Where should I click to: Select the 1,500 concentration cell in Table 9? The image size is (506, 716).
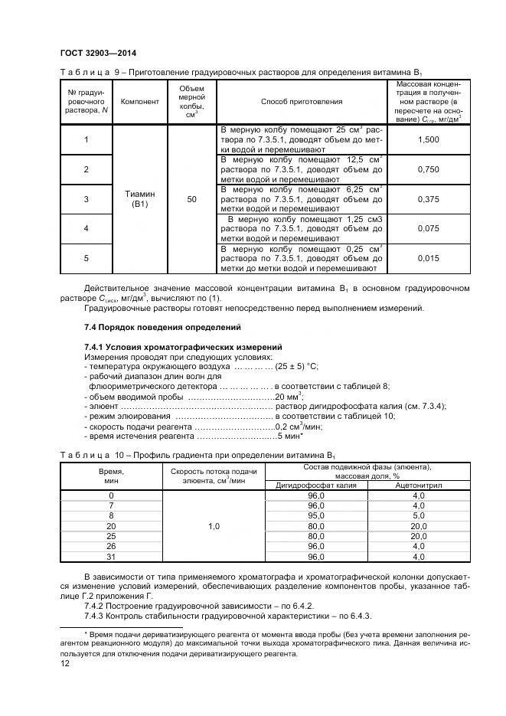(429, 139)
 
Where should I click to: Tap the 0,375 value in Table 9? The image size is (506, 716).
(429, 199)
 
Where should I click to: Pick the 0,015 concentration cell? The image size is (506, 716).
(429, 259)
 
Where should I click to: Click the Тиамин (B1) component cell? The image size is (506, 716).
(140, 199)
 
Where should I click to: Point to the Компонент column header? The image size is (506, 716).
(140, 101)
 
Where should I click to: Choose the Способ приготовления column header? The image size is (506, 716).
(302, 101)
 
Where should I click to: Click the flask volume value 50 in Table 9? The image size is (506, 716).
(191, 199)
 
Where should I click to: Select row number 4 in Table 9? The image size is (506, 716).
(86, 229)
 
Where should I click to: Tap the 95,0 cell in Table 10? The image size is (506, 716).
(316, 516)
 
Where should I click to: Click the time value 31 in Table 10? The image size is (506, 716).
(111, 557)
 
